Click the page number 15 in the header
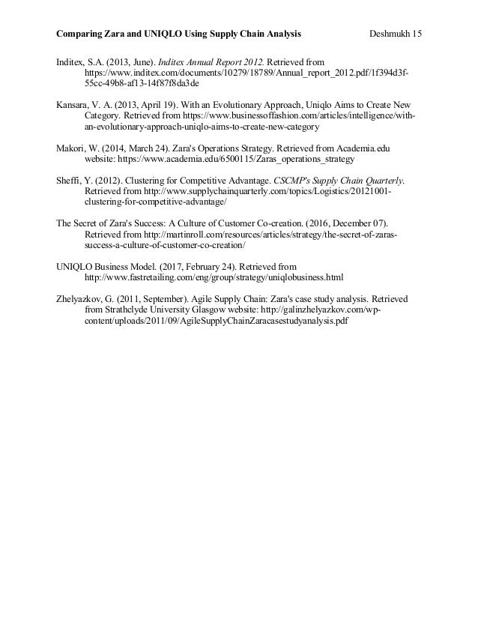point(417,34)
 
